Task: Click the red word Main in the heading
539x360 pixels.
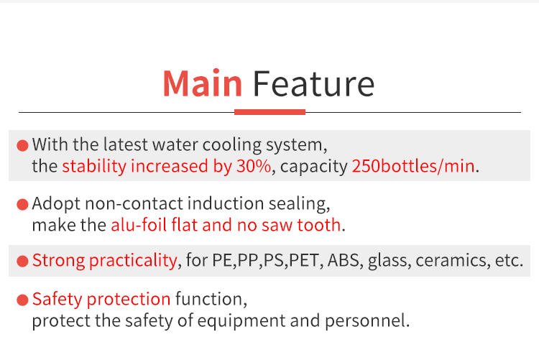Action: tap(203, 83)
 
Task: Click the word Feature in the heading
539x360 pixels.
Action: tap(313, 83)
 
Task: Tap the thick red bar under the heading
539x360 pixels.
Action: tap(269, 112)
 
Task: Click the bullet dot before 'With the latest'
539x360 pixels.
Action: tap(22, 145)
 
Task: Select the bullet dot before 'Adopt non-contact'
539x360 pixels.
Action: tap(22, 204)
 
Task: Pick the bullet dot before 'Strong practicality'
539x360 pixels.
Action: tap(22, 261)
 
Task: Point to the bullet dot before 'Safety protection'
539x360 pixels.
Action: tap(22, 300)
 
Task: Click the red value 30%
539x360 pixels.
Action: tap(254, 166)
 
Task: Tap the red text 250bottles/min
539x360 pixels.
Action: tap(413, 166)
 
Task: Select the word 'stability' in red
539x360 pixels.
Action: tap(94, 167)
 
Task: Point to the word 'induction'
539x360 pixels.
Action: tap(226, 203)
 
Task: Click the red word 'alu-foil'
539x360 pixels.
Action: tap(139, 225)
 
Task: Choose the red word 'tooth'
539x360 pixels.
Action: tap(318, 225)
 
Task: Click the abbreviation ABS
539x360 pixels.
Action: tap(343, 260)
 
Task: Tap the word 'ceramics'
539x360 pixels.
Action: tap(451, 260)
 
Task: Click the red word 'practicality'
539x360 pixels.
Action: tap(133, 261)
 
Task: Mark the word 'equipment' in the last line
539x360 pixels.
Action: tap(241, 321)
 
